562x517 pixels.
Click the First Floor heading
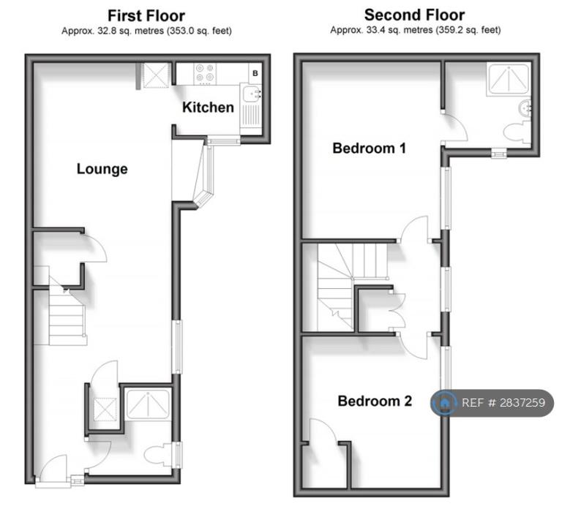(x=146, y=16)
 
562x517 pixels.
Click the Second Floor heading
(x=415, y=15)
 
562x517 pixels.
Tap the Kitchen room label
(x=208, y=107)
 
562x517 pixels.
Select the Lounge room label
(x=102, y=169)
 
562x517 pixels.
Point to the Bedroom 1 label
(x=369, y=148)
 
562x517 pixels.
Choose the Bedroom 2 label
(x=375, y=401)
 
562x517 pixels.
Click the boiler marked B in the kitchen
(x=255, y=73)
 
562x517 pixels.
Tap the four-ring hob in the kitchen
(x=206, y=73)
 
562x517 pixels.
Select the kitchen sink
(x=251, y=94)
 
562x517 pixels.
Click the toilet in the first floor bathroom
(x=158, y=455)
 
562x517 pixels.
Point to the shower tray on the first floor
(x=147, y=404)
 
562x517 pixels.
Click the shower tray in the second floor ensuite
(x=508, y=80)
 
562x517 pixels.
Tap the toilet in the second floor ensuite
(x=517, y=132)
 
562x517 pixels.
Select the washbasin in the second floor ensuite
(x=525, y=107)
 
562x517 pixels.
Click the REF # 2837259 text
(x=503, y=403)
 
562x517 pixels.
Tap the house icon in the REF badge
(x=444, y=403)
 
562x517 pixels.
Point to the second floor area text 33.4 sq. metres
(x=400, y=30)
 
